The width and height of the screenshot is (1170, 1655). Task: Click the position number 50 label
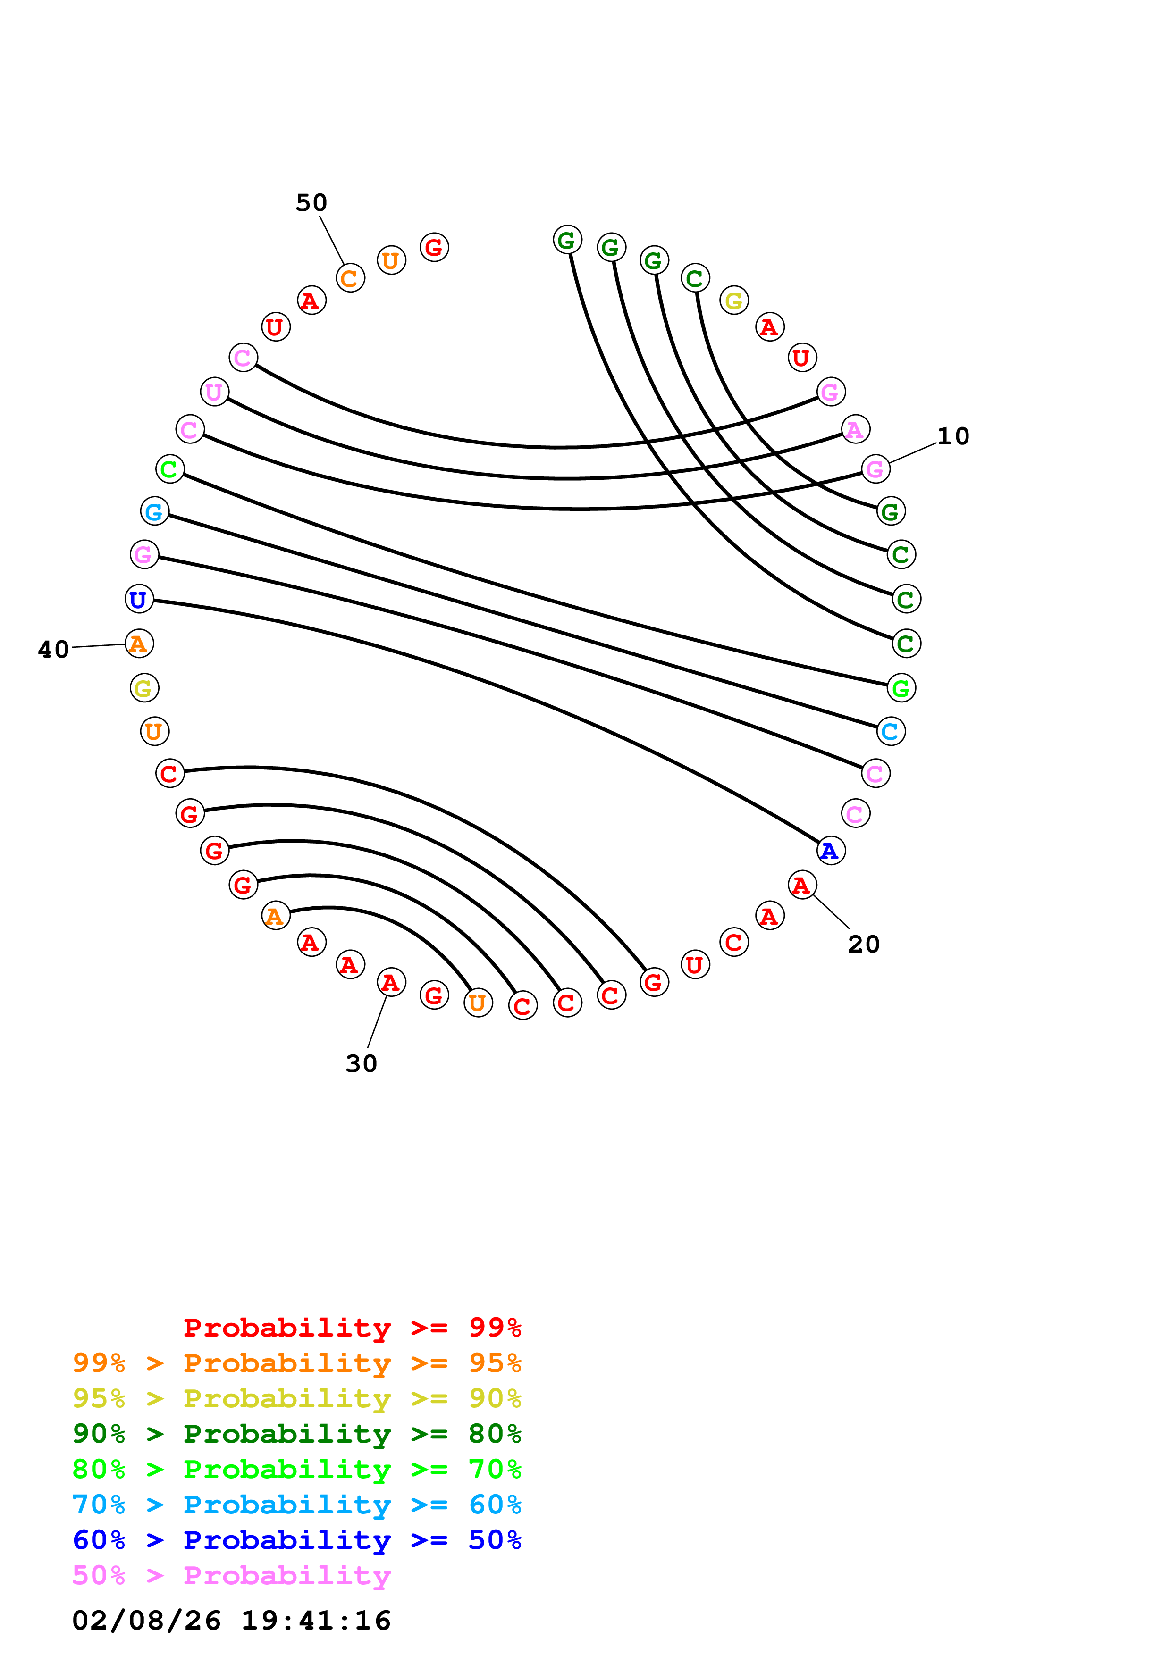pyautogui.click(x=311, y=203)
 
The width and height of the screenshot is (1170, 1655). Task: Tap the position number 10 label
pyautogui.click(x=952, y=436)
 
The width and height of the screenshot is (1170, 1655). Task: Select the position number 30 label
pyautogui.click(x=361, y=1064)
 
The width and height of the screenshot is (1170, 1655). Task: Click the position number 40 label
pyautogui.click(x=53, y=650)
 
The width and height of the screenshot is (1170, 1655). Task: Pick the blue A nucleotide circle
pyautogui.click(x=831, y=851)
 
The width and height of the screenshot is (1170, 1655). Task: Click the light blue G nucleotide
pyautogui.click(x=154, y=512)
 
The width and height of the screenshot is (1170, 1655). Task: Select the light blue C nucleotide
pyautogui.click(x=891, y=731)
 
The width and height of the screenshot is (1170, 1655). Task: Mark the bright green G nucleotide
pyautogui.click(x=901, y=688)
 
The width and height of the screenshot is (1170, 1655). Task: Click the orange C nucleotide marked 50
pyautogui.click(x=350, y=278)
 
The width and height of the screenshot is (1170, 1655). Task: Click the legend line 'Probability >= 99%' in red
pyautogui.click(x=352, y=1327)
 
